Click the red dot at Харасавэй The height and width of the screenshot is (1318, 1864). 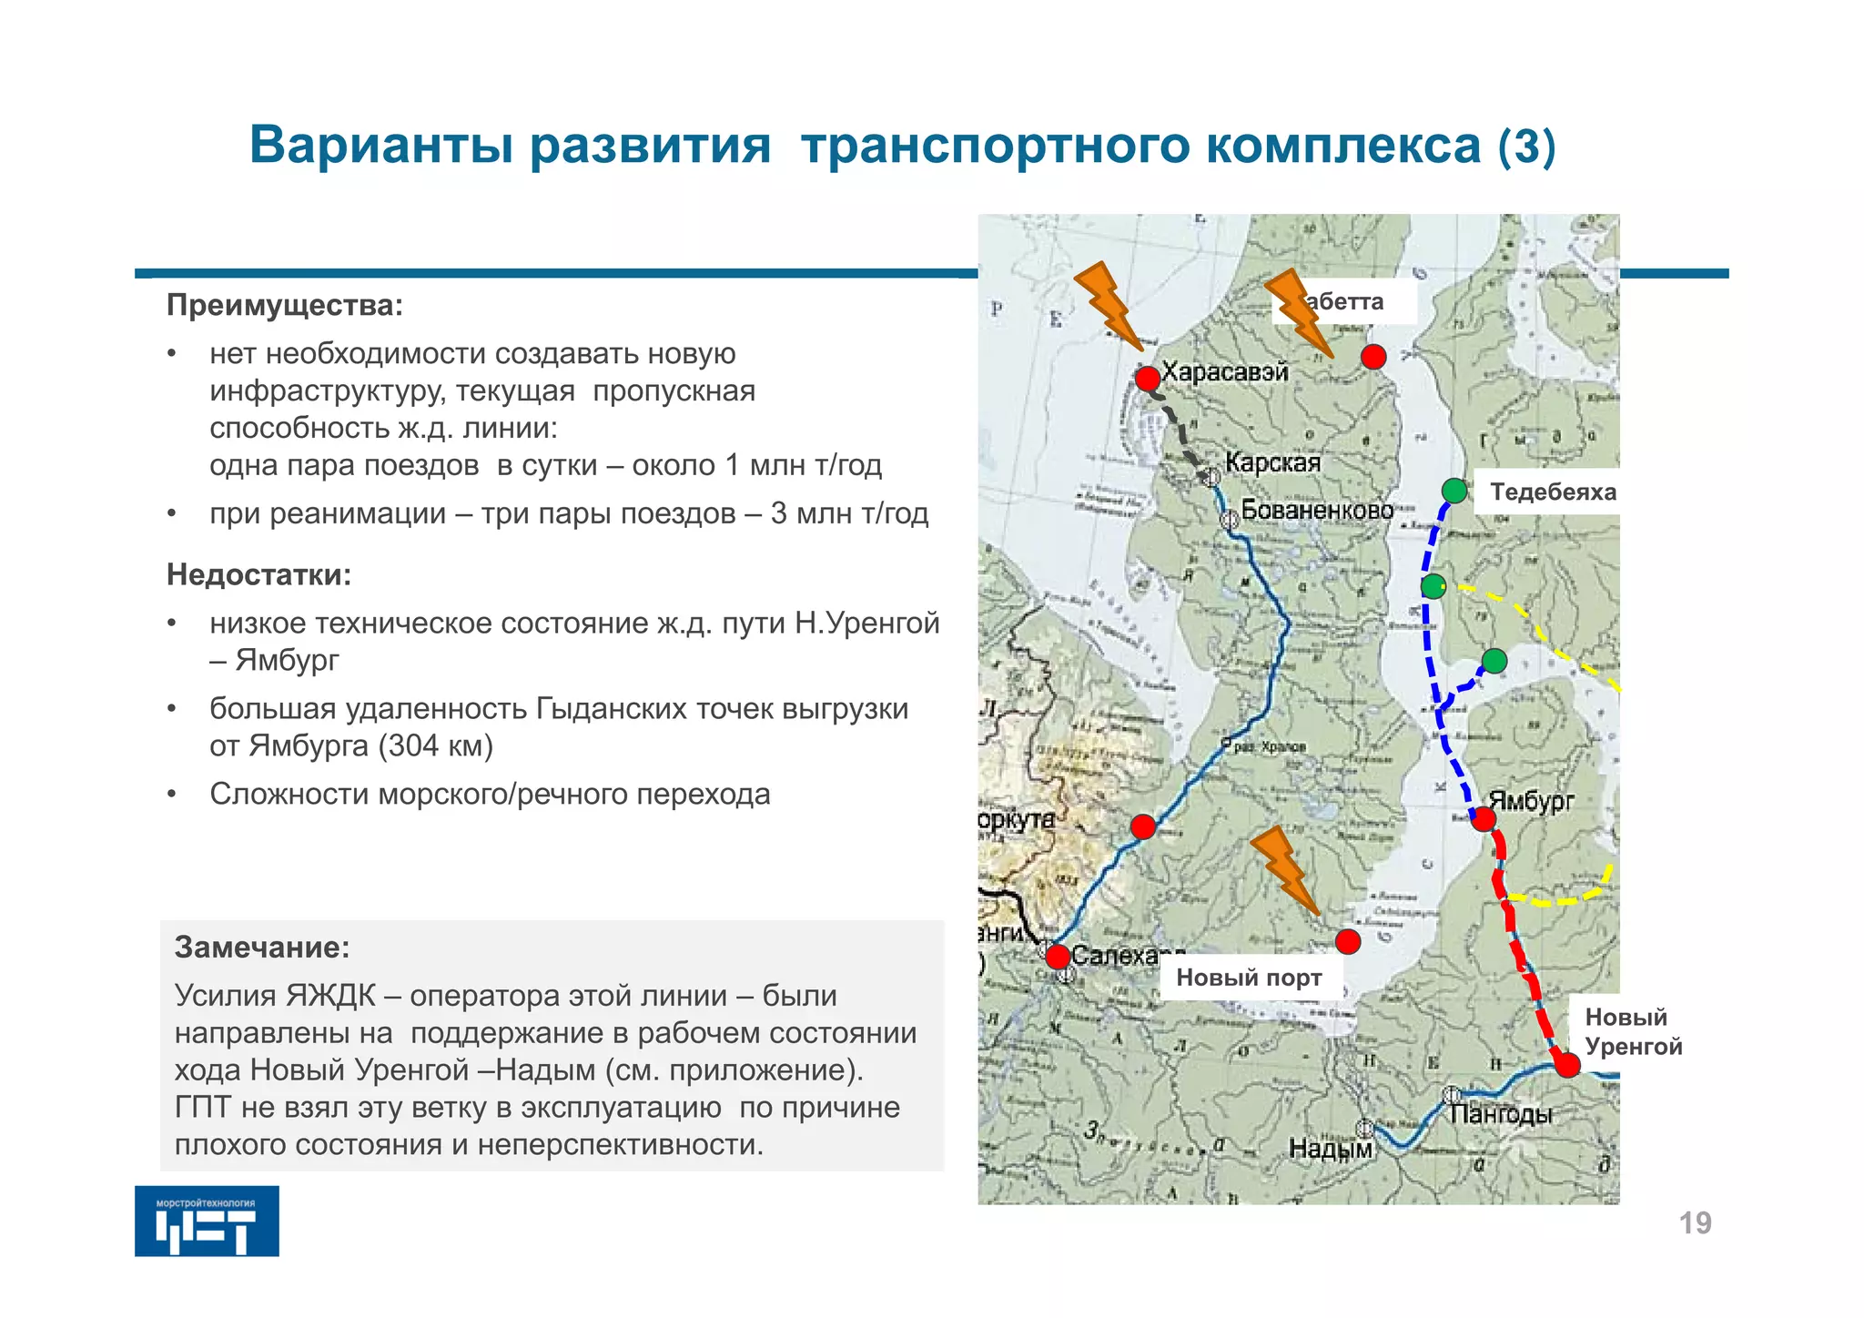[1148, 378]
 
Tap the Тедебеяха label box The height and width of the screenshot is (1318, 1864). [1552, 492]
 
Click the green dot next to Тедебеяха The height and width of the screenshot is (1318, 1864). [1454, 491]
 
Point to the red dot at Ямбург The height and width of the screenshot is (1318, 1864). [1484, 819]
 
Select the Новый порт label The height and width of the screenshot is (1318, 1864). [1249, 978]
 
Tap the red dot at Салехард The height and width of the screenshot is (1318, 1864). [1058, 957]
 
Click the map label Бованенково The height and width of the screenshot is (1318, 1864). [1317, 510]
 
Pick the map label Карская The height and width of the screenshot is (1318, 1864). [1272, 462]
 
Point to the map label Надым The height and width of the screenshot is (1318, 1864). [1330, 1150]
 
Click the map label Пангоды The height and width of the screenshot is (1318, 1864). [1500, 1114]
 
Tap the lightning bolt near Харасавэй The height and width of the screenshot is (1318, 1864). [1109, 306]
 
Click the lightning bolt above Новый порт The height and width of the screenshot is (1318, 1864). [1284, 869]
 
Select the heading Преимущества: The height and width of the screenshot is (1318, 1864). [284, 306]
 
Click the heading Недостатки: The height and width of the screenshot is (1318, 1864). [258, 575]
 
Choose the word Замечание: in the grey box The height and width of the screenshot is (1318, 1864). [262, 948]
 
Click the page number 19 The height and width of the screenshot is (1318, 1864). [1695, 1223]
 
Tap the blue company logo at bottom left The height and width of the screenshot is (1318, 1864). [207, 1222]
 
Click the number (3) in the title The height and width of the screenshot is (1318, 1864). [1526, 147]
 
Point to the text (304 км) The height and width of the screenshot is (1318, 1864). [435, 746]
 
